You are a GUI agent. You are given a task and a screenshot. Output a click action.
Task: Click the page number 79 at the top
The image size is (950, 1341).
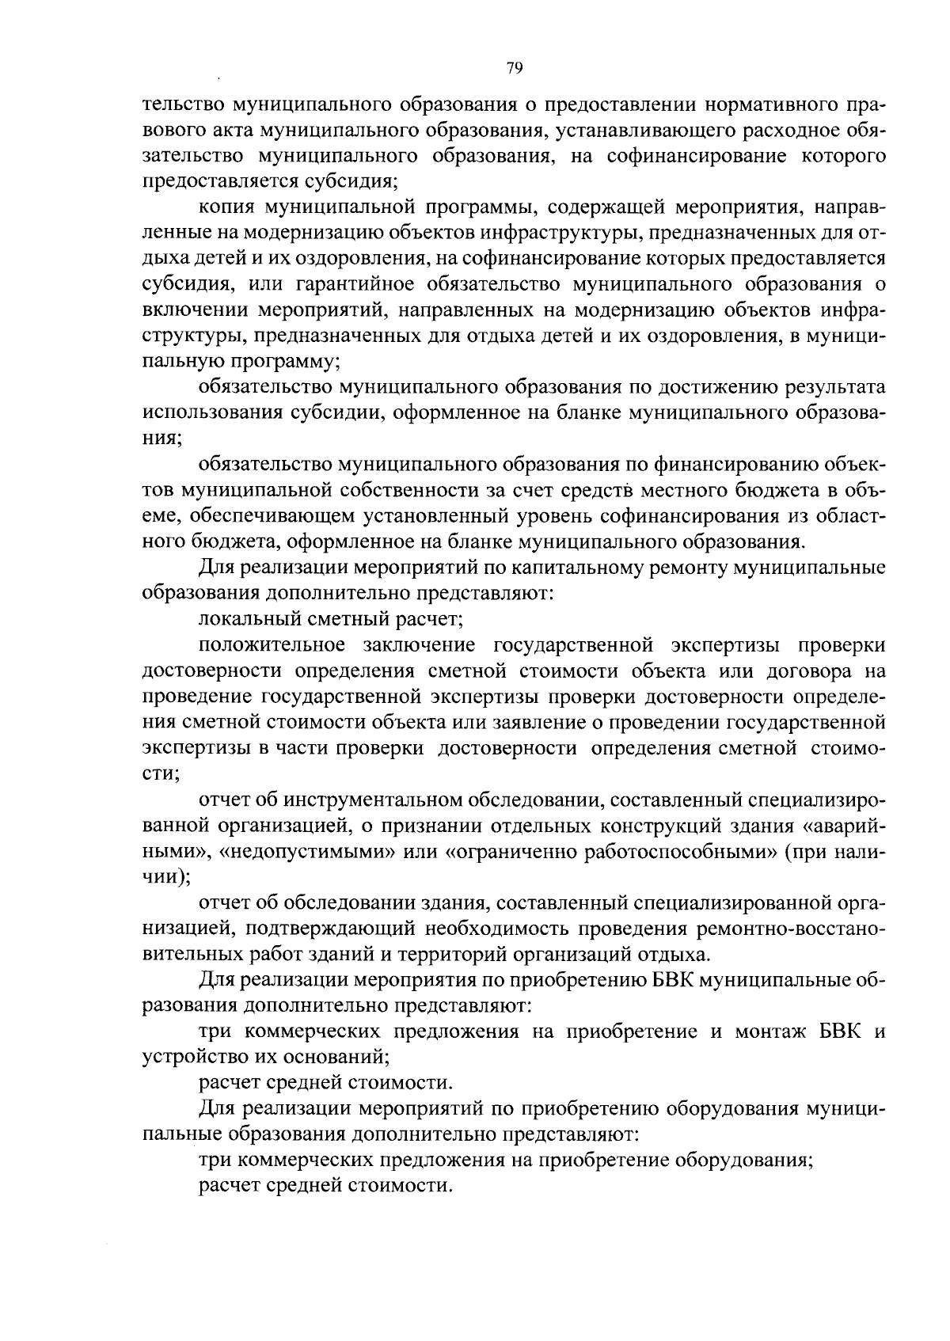pyautogui.click(x=514, y=69)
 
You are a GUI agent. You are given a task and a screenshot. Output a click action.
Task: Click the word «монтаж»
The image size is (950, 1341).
pyautogui.click(x=767, y=1031)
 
